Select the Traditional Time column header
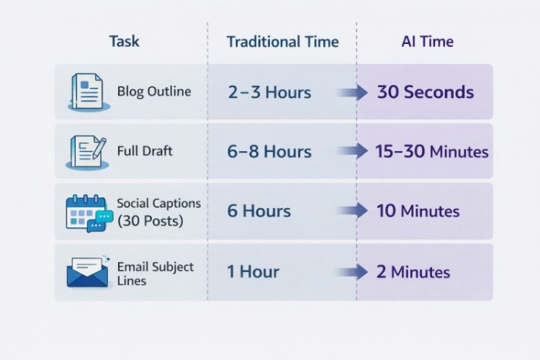(282, 42)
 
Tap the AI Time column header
(426, 41)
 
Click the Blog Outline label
(154, 92)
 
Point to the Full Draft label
(145, 151)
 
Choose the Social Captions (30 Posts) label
(158, 210)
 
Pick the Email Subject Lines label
(155, 273)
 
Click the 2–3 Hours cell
(269, 93)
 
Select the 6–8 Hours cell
(269, 152)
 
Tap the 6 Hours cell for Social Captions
(258, 211)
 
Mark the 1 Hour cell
(253, 271)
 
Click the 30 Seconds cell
(425, 93)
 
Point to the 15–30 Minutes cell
(432, 152)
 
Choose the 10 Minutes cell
(417, 211)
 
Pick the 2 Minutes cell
(413, 271)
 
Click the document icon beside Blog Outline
(86, 93)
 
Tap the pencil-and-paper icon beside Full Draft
(86, 152)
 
